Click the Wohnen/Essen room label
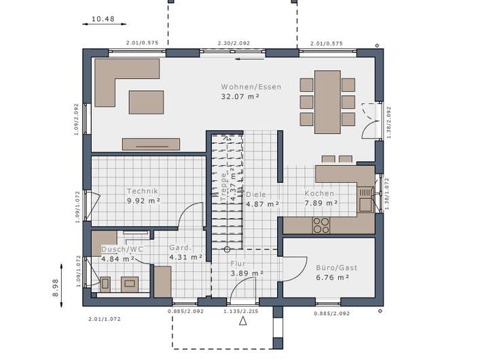251,87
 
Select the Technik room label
143,191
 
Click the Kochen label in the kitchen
319,194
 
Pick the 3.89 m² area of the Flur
247,273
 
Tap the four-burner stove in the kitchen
321,226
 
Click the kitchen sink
365,200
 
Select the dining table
327,102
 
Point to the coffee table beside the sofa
146,103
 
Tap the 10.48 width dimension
103,19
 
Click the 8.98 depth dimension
56,287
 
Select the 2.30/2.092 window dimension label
234,43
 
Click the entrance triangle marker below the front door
243,321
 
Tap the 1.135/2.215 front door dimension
240,311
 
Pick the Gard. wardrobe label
181,248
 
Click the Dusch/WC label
122,249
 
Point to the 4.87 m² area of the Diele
263,204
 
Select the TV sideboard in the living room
151,144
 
